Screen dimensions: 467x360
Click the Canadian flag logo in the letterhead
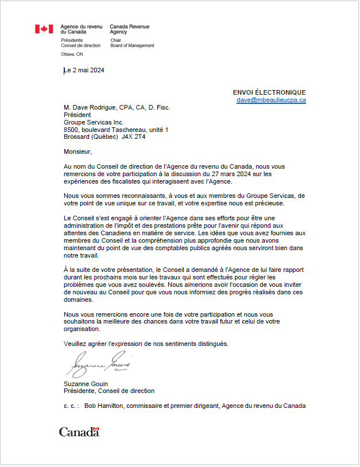tap(44, 29)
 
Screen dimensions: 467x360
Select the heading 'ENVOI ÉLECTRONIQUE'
tap(269, 92)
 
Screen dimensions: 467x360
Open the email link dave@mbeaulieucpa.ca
tap(271, 100)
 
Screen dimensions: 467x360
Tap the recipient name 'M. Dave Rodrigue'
tap(90, 107)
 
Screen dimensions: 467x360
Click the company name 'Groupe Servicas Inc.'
tap(94, 122)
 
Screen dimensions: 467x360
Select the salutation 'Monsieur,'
tap(78, 152)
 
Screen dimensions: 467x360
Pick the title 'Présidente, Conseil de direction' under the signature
tap(109, 391)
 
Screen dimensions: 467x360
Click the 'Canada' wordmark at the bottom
tap(79, 431)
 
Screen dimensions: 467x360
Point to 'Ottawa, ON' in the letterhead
tap(72, 54)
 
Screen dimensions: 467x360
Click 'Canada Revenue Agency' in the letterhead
tap(129, 29)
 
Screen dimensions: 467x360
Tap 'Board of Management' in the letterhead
tap(132, 45)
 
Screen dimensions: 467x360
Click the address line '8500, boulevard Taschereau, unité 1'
tap(116, 130)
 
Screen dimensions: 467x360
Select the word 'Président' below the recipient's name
tap(78, 115)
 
